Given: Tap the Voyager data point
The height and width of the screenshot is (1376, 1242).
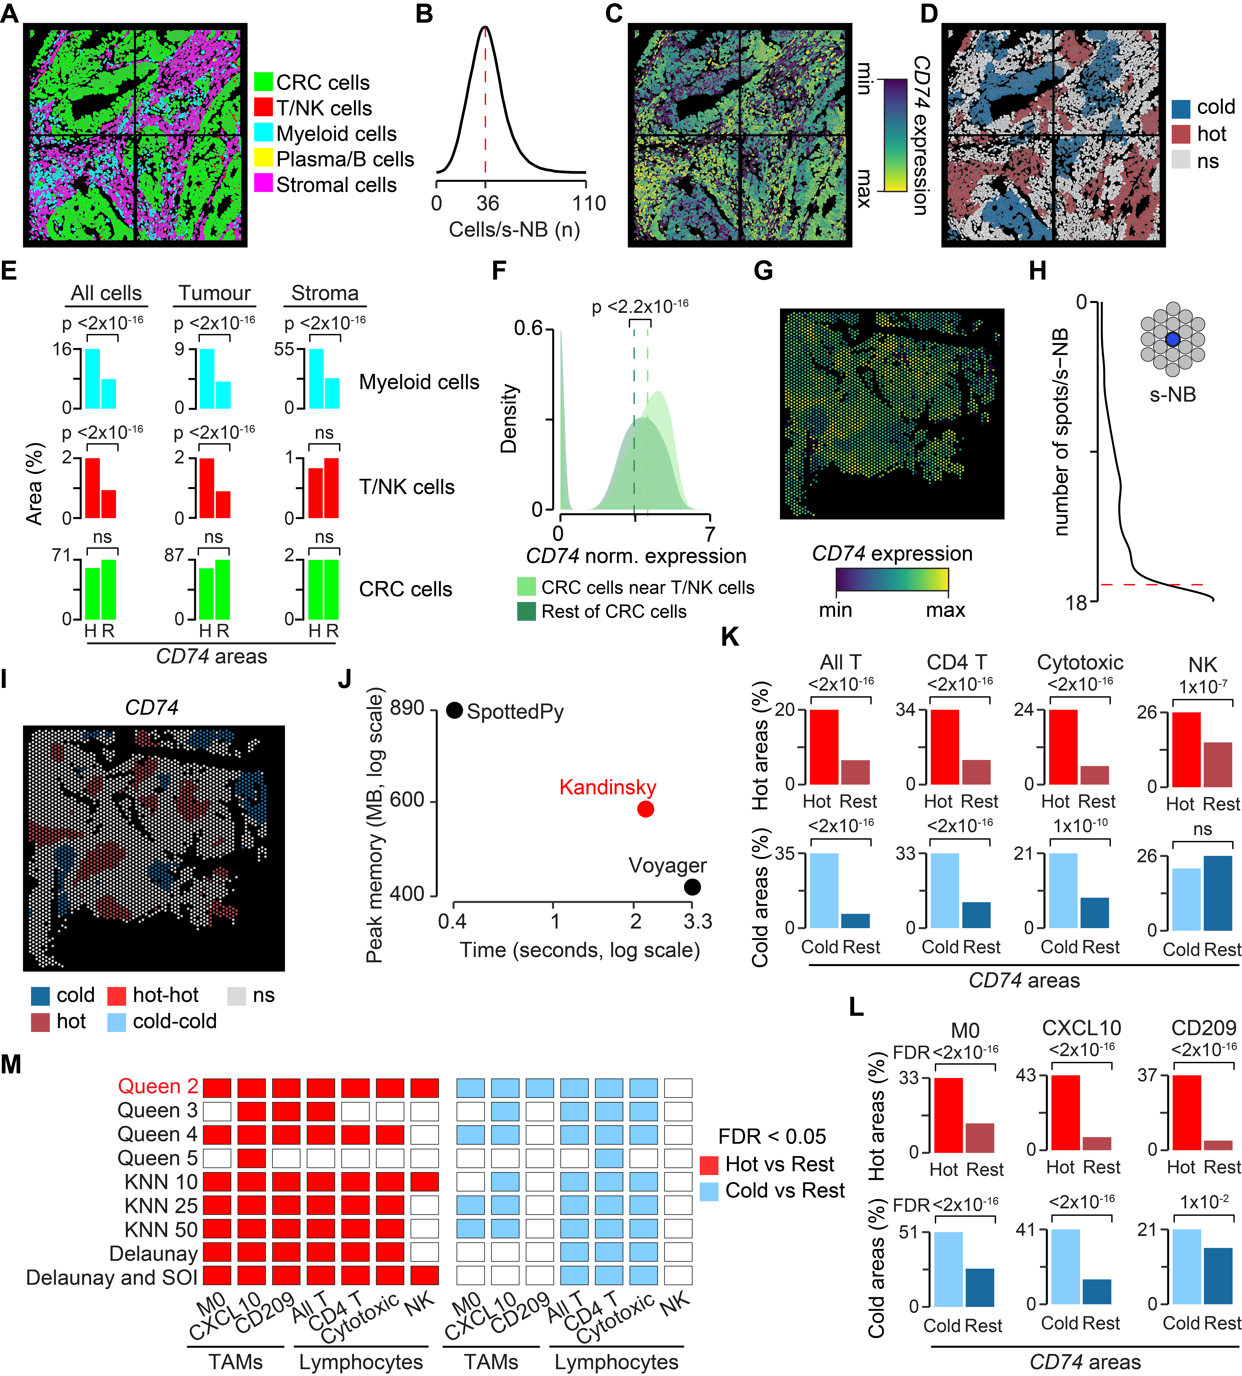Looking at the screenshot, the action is coord(692,887).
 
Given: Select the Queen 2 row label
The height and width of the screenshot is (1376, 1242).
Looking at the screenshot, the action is coord(158,1086).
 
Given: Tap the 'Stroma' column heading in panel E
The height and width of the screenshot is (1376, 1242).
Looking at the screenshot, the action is coord(325,293).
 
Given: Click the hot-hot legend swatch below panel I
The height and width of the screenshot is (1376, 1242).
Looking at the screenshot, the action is coord(117,995).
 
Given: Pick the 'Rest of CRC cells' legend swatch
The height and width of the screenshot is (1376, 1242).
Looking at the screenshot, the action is coord(526,611).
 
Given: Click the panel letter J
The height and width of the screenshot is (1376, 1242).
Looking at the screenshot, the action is coord(345,680).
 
